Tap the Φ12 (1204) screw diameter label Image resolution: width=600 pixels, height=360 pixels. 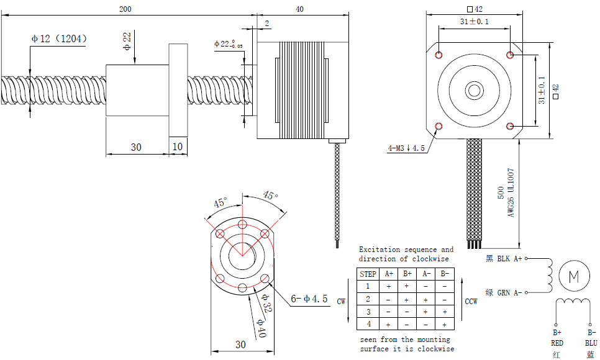click(59, 38)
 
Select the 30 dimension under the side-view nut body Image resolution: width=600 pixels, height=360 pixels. click(136, 147)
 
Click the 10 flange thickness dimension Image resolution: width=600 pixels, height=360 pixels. click(178, 147)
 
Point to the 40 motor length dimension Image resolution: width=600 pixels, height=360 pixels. click(300, 9)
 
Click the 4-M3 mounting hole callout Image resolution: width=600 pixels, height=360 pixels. click(406, 148)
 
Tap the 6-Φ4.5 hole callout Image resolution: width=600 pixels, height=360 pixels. click(309, 299)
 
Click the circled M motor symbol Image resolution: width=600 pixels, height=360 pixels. click(573, 276)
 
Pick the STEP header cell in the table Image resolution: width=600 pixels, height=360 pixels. click(368, 274)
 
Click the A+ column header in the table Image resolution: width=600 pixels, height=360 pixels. click(389, 274)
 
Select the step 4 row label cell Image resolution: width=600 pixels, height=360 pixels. click(368, 324)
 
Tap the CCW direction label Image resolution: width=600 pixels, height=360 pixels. click(471, 301)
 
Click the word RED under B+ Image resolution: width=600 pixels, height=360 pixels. click(557, 343)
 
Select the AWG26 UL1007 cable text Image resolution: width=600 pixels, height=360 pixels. click(512, 193)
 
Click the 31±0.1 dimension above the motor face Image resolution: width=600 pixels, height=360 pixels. click(475, 22)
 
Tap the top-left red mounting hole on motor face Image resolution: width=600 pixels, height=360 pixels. click(439, 55)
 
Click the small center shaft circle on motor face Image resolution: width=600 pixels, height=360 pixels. click(475, 91)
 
